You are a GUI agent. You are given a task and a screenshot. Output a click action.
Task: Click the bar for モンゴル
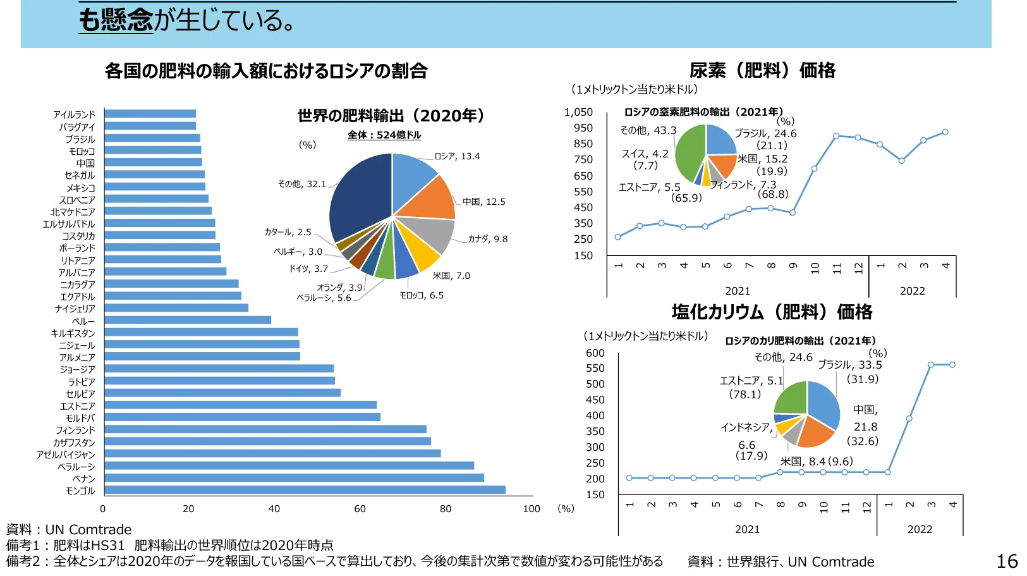click(305, 490)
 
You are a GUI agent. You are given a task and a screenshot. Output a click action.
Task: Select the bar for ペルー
click(188, 321)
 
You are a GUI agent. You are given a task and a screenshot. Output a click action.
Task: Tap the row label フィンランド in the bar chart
click(75, 431)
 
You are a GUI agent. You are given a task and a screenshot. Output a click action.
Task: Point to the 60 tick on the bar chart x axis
click(360, 509)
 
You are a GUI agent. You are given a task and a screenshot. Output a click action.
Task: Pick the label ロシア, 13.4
click(457, 156)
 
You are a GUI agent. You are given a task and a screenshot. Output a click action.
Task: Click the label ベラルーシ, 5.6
click(324, 298)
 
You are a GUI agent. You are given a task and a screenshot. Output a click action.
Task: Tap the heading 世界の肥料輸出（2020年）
click(392, 116)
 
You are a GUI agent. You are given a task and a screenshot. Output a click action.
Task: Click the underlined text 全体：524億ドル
click(384, 135)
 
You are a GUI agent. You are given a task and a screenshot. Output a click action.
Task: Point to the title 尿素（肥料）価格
click(762, 70)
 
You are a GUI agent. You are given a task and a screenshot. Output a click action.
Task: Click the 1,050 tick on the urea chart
click(578, 113)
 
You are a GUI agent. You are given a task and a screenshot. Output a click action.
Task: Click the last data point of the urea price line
click(945, 132)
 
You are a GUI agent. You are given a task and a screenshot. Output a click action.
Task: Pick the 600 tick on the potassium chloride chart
click(595, 353)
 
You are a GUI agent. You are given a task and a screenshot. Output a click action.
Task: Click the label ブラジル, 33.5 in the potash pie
click(849, 365)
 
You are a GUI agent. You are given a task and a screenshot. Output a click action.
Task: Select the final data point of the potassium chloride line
click(952, 365)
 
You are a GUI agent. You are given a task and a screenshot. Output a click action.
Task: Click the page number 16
click(1007, 561)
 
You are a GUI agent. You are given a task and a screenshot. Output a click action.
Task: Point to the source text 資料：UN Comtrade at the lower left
click(69, 530)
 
